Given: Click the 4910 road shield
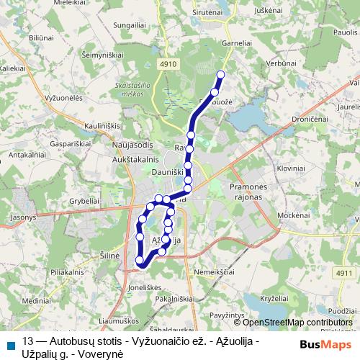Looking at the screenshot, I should [x=168, y=64].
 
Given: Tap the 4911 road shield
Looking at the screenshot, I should [x=343, y=273].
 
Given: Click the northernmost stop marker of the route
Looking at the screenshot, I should [x=220, y=74].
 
